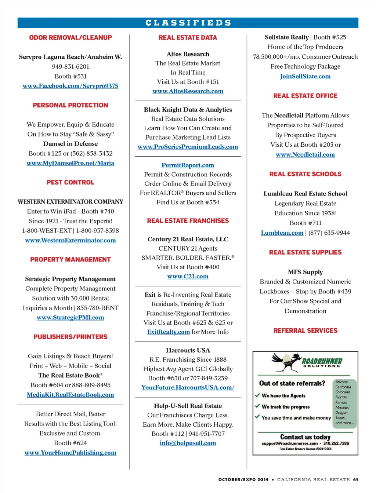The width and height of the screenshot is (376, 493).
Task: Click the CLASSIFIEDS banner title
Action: (x=188, y=23)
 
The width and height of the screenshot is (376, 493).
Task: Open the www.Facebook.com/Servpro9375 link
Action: (x=70, y=86)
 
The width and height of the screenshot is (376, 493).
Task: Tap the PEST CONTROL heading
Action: (x=70, y=182)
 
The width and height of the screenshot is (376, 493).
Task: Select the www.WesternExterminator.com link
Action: (x=70, y=240)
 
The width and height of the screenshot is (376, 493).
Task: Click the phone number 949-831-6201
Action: (x=70, y=66)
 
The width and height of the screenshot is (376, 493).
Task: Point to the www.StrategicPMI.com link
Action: (x=70, y=317)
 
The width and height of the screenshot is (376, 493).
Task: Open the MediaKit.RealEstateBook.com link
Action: (x=70, y=395)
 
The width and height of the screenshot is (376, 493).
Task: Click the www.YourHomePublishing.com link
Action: (x=70, y=453)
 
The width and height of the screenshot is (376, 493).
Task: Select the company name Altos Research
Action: (x=188, y=54)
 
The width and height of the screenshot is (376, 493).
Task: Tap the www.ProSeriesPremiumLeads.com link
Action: (x=188, y=147)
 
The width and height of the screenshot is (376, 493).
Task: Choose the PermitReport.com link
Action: (x=188, y=165)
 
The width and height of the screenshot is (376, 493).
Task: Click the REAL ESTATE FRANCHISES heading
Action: (x=188, y=220)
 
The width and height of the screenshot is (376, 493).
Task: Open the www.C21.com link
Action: (x=188, y=276)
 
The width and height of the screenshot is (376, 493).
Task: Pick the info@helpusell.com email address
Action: (x=188, y=443)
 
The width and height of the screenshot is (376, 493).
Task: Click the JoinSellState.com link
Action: (x=305, y=76)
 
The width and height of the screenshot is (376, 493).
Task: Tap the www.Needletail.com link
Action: (x=305, y=154)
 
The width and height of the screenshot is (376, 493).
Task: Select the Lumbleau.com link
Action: (x=282, y=233)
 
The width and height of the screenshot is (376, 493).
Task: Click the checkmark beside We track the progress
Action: (x=257, y=406)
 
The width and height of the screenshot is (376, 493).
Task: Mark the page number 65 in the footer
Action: (x=355, y=479)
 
